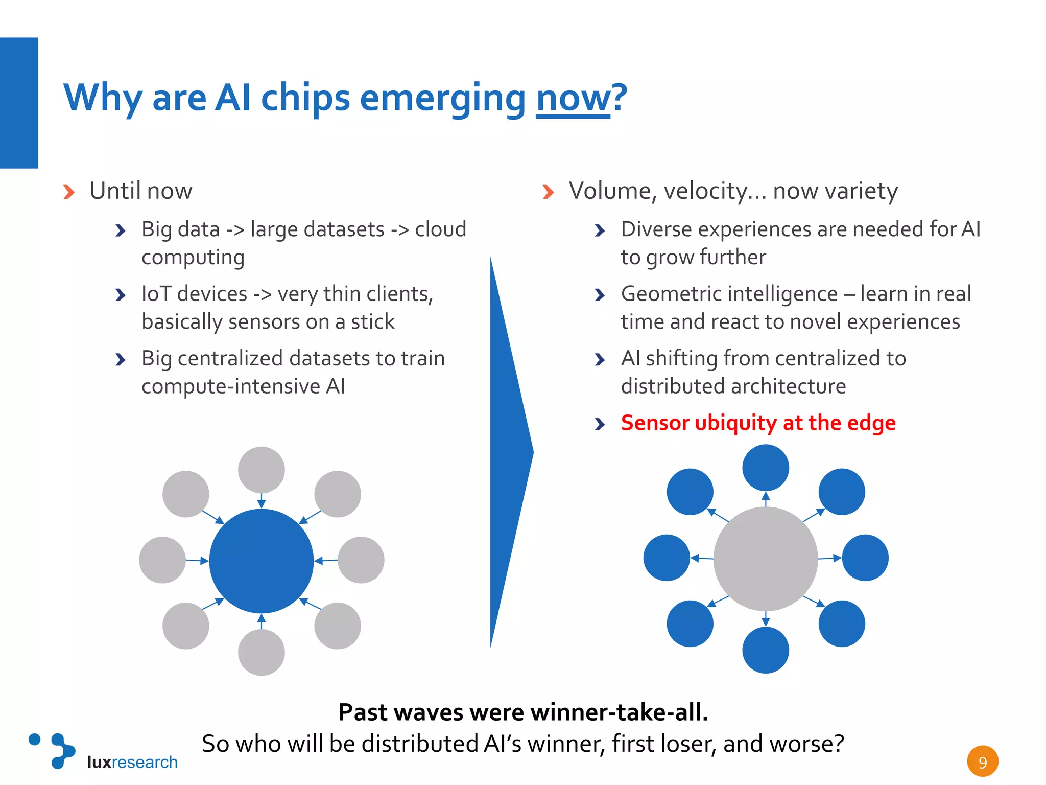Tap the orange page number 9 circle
[982, 761]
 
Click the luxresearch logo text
[132, 762]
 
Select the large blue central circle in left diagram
[261, 561]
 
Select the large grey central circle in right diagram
[765, 559]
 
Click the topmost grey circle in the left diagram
[261, 470]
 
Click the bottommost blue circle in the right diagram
[765, 650]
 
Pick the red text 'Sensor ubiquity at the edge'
[758, 423]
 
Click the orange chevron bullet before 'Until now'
[69, 192]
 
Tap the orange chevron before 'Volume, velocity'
[548, 192]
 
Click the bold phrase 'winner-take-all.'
[619, 712]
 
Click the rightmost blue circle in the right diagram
[865, 558]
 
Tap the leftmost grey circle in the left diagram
[162, 560]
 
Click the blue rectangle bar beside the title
[19, 103]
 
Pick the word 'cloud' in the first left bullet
[440, 229]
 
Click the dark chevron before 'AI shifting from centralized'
[600, 360]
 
